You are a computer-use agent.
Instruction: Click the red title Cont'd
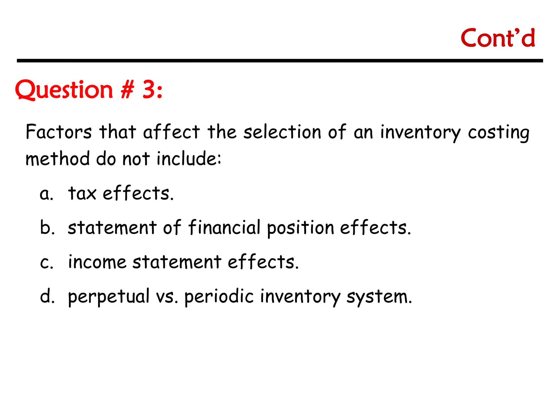tap(498, 38)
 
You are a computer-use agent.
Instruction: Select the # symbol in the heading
tap(127, 90)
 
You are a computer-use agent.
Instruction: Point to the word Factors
tap(59, 132)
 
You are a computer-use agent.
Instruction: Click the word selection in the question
tap(282, 132)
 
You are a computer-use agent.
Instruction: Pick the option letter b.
tap(47, 227)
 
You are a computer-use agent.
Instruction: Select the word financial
tap(224, 227)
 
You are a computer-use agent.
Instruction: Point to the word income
tap(97, 262)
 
